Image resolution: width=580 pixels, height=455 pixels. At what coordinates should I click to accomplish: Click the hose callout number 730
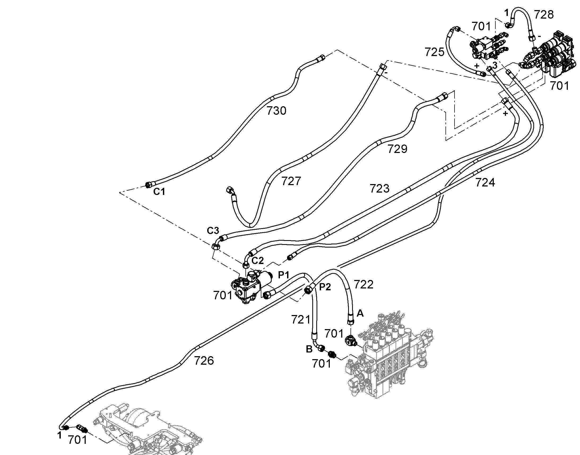pyautogui.click(x=276, y=110)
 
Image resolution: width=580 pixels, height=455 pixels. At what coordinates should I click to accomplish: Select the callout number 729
pyautogui.click(x=397, y=149)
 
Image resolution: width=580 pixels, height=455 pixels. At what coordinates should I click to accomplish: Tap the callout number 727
pyautogui.click(x=291, y=181)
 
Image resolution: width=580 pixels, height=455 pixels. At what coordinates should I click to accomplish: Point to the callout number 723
pyautogui.click(x=380, y=189)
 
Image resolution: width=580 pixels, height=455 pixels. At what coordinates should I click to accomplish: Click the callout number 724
pyautogui.click(x=485, y=182)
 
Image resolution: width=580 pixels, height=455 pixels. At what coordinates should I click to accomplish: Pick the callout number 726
pyautogui.click(x=204, y=361)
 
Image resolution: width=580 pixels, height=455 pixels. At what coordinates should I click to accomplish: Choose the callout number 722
pyautogui.click(x=364, y=284)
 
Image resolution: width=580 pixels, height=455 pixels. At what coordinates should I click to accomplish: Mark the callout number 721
pyautogui.click(x=301, y=320)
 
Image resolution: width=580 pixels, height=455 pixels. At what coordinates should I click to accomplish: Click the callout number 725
pyautogui.click(x=434, y=52)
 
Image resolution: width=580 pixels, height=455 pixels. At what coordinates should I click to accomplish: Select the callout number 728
pyautogui.click(x=544, y=15)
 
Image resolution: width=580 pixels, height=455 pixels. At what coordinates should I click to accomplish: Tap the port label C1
pyautogui.click(x=159, y=192)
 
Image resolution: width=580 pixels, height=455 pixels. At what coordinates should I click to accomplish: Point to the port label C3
pyautogui.click(x=213, y=231)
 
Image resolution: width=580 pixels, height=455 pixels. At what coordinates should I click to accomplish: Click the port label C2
pyautogui.click(x=258, y=261)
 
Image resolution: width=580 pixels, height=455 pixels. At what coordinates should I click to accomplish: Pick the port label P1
pyautogui.click(x=284, y=275)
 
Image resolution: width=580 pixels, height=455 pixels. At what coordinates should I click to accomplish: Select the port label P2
pyautogui.click(x=325, y=287)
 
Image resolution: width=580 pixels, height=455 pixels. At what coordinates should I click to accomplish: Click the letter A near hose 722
pyautogui.click(x=360, y=313)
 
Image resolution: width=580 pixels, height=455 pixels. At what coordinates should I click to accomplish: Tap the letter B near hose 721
pyautogui.click(x=309, y=349)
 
